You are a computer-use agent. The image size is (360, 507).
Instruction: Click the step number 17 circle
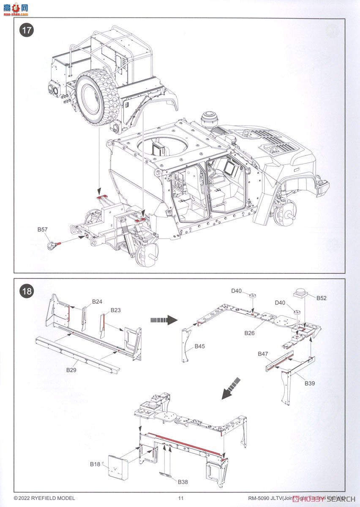point(27,31)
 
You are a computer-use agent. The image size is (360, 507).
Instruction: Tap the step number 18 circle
point(27,291)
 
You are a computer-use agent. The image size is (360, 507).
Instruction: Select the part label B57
point(42,229)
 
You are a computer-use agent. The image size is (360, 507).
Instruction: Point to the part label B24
point(98,302)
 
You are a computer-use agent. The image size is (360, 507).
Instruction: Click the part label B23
point(116,310)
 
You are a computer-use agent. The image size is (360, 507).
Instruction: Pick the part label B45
point(200,346)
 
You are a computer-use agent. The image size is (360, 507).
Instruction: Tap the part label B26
point(250,333)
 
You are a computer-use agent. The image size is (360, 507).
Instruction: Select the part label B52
point(322,298)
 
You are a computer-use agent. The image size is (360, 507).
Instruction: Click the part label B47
point(263,353)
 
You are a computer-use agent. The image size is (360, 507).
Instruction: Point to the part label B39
point(310,384)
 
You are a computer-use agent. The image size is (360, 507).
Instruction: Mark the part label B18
point(95,464)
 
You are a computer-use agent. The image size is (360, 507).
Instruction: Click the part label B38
point(183,482)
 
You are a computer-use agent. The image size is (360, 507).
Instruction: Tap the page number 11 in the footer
point(181,499)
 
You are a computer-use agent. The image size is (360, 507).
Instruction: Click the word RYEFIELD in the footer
point(46,499)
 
